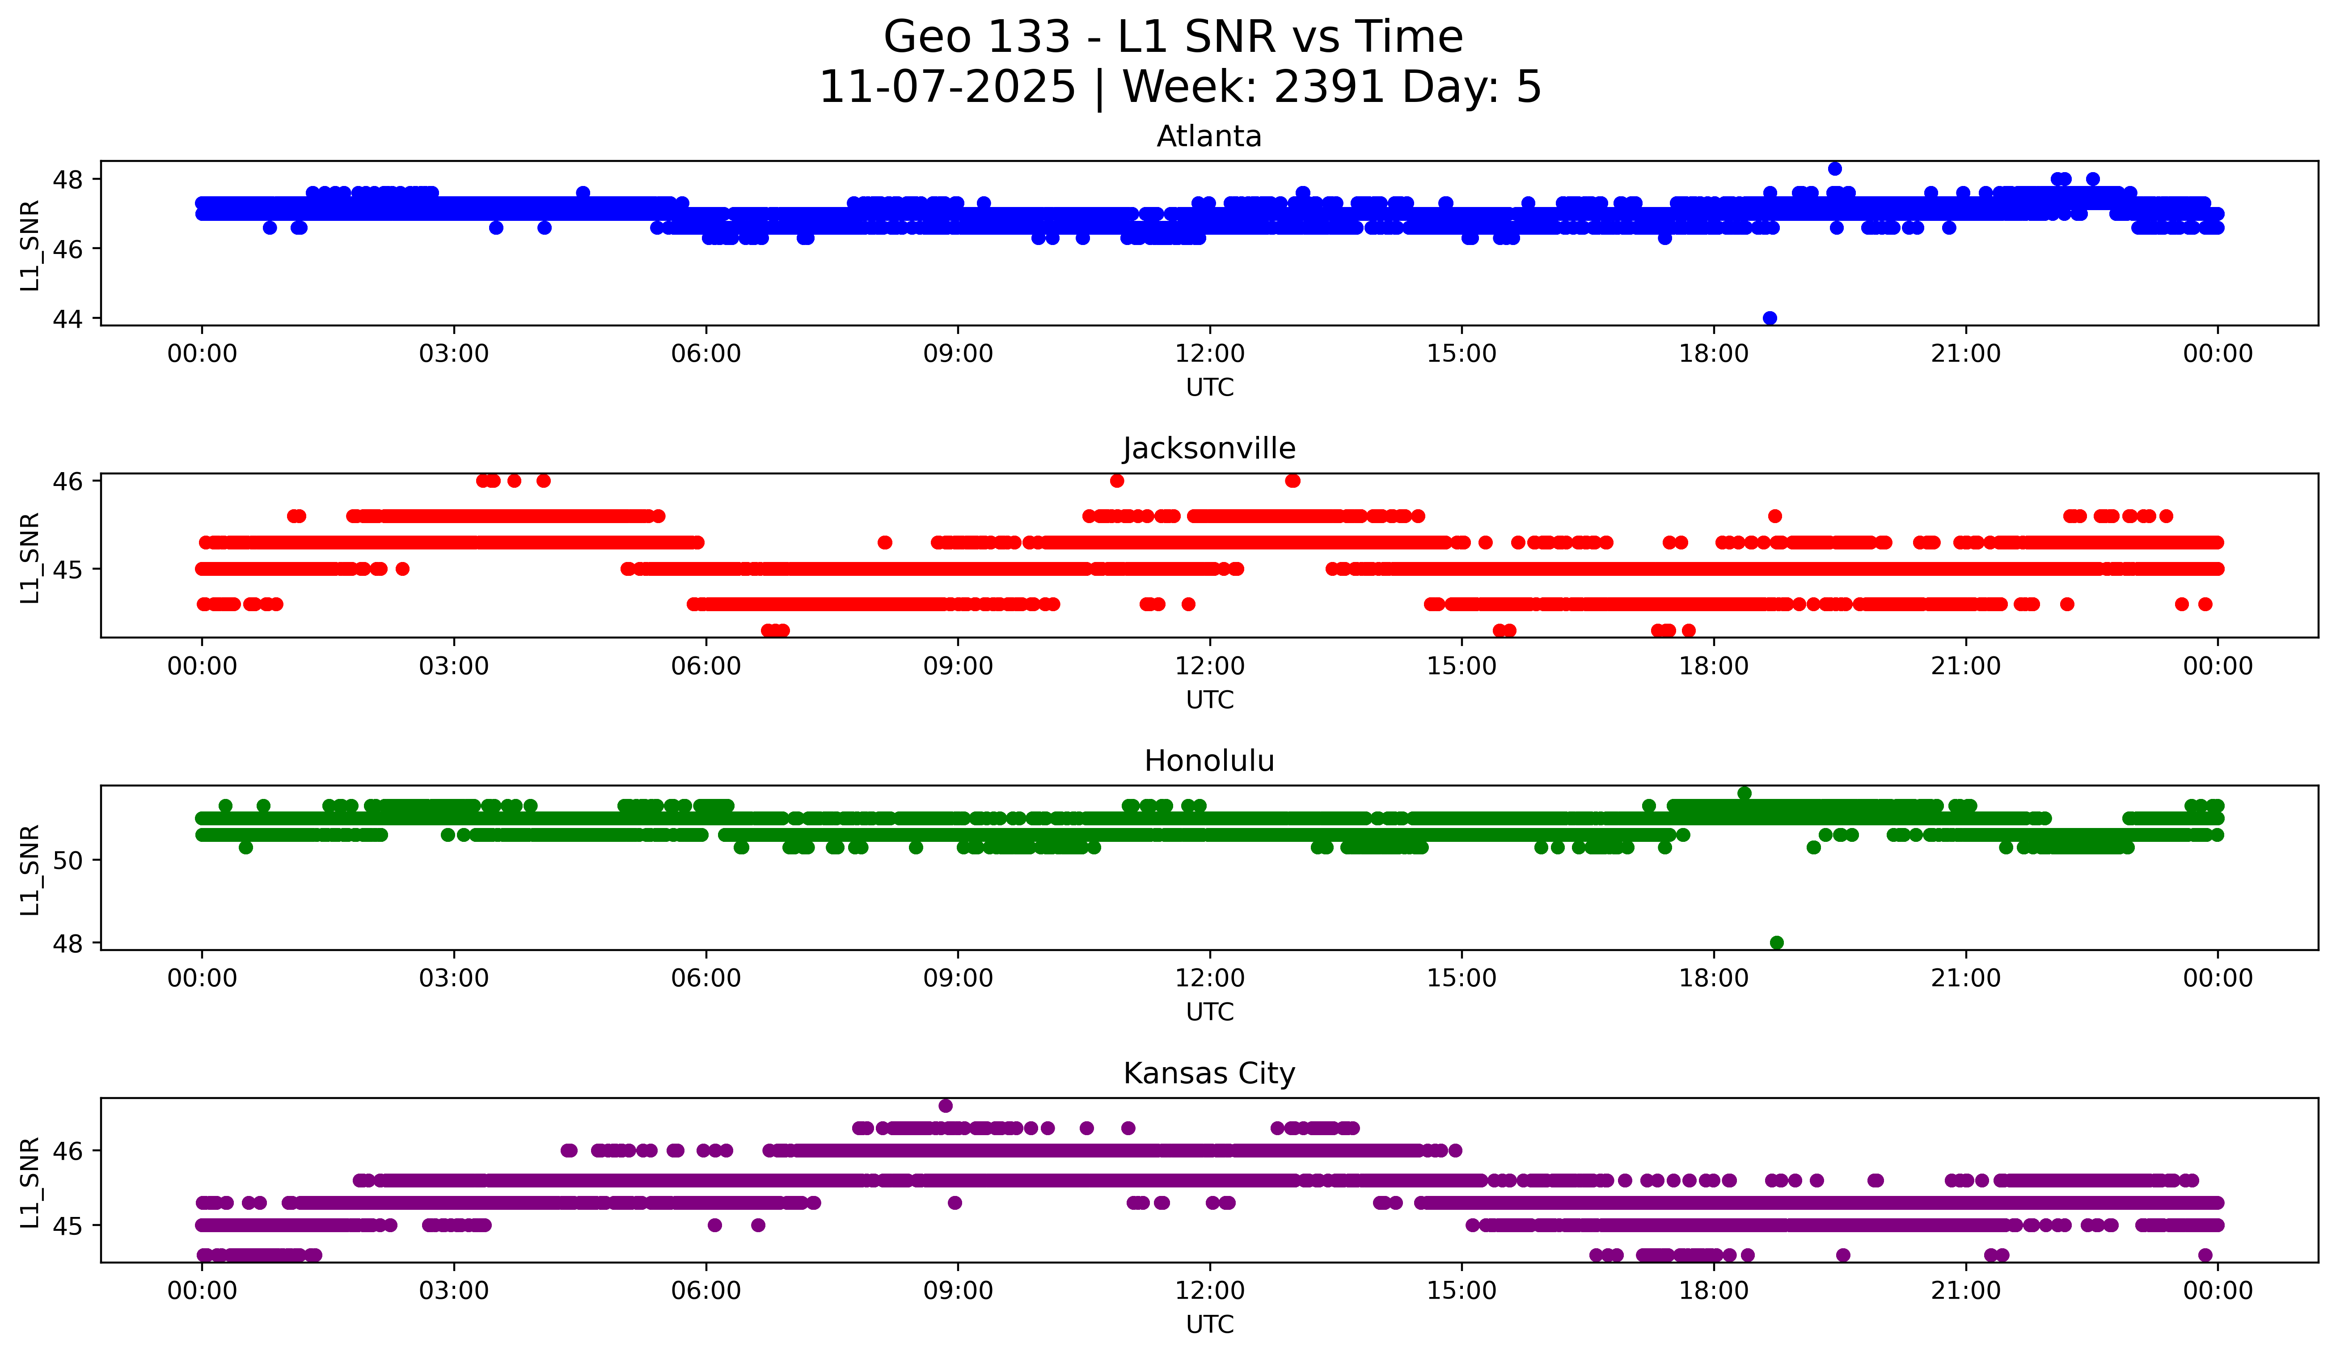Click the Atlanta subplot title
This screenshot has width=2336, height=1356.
tap(1209, 136)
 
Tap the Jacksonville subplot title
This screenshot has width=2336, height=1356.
tap(1209, 448)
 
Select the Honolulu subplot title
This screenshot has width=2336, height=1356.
tap(1209, 761)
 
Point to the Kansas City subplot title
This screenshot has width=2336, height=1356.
tap(1209, 1073)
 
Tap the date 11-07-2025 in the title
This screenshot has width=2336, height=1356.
tap(947, 87)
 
